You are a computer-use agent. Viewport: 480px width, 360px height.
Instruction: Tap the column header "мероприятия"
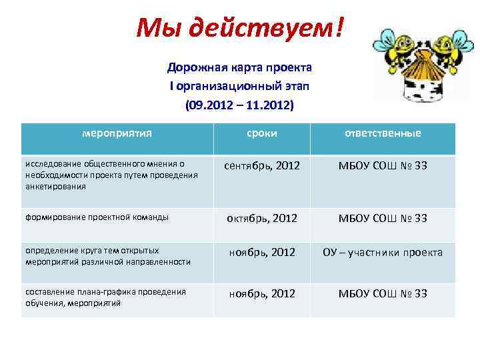pyautogui.click(x=117, y=133)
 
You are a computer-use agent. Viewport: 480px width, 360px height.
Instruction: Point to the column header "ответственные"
pyautogui.click(x=382, y=133)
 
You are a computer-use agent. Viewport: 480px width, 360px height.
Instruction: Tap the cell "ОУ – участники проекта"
pyautogui.click(x=382, y=252)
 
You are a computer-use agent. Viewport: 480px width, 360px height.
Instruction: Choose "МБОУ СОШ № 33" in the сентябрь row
pyautogui.click(x=382, y=165)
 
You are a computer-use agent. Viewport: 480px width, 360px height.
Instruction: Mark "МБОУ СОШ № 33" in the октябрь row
pyautogui.click(x=382, y=219)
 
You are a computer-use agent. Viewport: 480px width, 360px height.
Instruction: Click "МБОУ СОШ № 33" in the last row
pyautogui.click(x=382, y=293)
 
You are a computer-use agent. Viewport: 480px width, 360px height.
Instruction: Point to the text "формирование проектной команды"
pyautogui.click(x=97, y=217)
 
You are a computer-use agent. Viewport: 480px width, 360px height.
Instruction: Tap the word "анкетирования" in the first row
pyautogui.click(x=55, y=187)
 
